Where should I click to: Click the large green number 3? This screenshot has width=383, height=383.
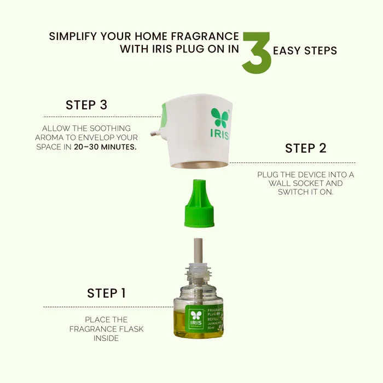pyautogui.click(x=257, y=53)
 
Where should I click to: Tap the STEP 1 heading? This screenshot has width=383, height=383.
pyautogui.click(x=106, y=293)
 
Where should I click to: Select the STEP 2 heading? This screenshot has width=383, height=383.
pyautogui.click(x=305, y=148)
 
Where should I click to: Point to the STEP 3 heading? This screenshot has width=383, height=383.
pyautogui.click(x=86, y=105)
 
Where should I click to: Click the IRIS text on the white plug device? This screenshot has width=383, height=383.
pyautogui.click(x=219, y=135)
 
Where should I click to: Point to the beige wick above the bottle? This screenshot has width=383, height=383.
pyautogui.click(x=198, y=249)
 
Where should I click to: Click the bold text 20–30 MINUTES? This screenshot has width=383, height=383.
pyautogui.click(x=105, y=147)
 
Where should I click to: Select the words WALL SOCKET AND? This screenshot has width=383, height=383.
pyautogui.click(x=306, y=183)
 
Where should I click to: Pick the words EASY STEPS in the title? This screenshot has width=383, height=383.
pyautogui.click(x=305, y=51)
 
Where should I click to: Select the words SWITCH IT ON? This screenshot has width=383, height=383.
pyautogui.click(x=306, y=192)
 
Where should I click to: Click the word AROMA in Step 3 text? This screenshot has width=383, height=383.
pyautogui.click(x=53, y=138)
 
